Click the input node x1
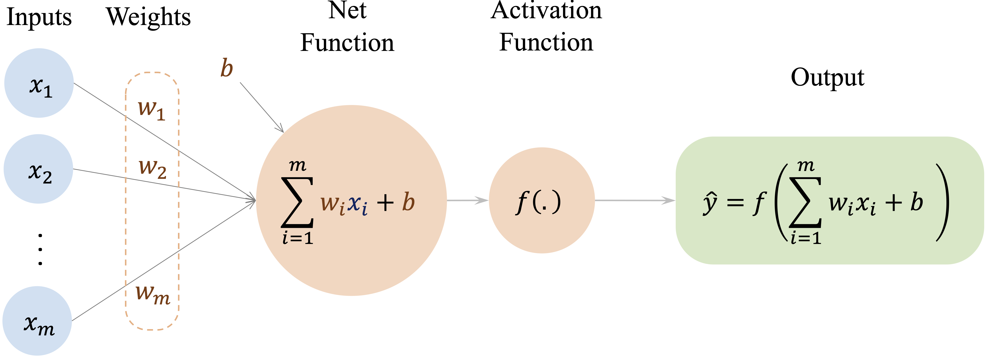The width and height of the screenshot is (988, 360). [x=39, y=83]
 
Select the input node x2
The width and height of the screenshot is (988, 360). [x=38, y=169]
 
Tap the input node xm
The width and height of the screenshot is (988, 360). [x=37, y=321]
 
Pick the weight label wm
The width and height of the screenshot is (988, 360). [x=153, y=295]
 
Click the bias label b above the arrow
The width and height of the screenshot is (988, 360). [x=227, y=68]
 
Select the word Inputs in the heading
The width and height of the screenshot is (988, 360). [x=39, y=17]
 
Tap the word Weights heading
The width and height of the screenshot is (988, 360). [x=149, y=17]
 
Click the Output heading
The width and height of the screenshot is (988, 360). [x=828, y=78]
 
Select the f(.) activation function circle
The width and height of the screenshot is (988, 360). [x=542, y=200]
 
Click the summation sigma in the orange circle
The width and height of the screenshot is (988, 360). [x=297, y=202]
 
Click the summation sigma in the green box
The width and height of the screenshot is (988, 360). [x=805, y=202]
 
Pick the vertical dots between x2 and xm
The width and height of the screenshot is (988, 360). [x=40, y=249]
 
